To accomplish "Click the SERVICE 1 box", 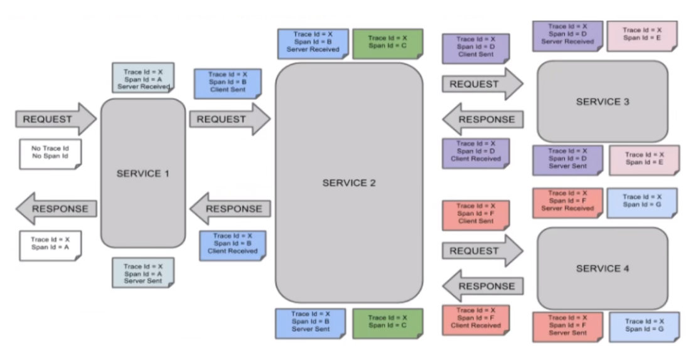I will [x=143, y=173].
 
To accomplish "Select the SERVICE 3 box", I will [x=603, y=101].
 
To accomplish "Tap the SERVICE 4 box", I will [x=603, y=268].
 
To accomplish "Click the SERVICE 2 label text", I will [x=349, y=183].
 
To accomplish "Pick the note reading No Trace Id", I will [x=50, y=153].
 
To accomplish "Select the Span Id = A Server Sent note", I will [x=143, y=273].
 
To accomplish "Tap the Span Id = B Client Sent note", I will [x=227, y=82].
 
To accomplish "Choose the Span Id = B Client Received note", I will [x=232, y=245].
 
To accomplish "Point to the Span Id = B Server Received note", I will [x=312, y=43].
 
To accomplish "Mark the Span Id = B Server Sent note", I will [x=310, y=323].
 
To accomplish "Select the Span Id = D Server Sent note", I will [x=567, y=159].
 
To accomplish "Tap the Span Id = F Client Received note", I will [x=475, y=319].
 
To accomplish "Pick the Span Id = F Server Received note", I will [x=567, y=202].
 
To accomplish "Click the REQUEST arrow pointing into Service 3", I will [x=481, y=84].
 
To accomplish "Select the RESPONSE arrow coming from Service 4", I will [x=483, y=286].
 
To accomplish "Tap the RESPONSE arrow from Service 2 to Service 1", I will [x=230, y=209].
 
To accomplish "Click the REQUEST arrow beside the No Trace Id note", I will [x=55, y=119].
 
